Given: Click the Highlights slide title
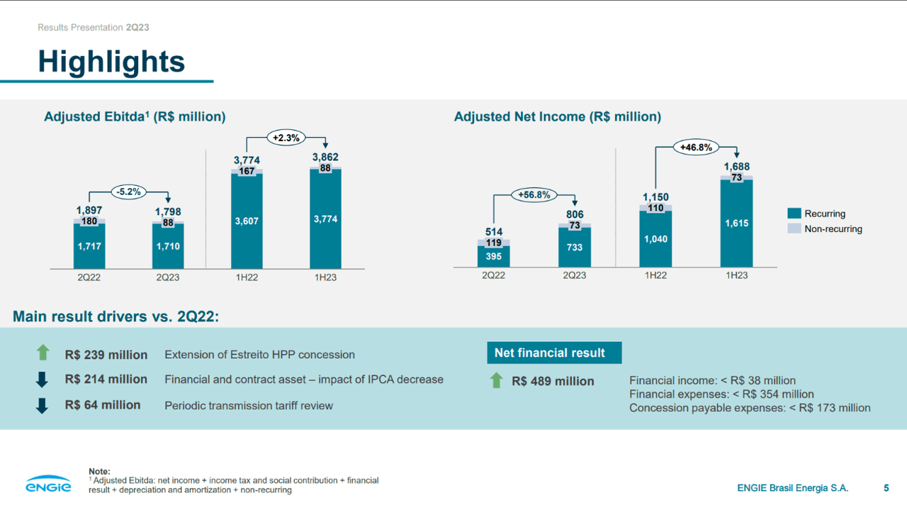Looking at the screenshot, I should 111,62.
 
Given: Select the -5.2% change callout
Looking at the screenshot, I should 129,191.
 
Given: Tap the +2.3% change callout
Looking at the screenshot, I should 286,138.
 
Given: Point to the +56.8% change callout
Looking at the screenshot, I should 534,194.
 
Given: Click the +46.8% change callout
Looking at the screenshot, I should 696,148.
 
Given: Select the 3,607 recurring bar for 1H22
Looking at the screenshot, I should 247,221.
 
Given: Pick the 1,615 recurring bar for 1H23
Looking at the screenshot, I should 736,223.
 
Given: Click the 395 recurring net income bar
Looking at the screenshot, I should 493,256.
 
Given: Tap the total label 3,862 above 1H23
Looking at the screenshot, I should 325,157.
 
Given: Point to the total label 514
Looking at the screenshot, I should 493,231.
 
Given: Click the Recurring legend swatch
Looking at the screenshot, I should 794,214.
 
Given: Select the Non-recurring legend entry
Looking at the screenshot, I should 833,229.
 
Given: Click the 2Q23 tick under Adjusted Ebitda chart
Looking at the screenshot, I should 168,277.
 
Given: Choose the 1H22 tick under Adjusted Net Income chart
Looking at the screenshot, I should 655,275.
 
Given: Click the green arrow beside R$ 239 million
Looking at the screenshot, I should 43,353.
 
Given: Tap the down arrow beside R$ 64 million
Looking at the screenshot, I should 43,406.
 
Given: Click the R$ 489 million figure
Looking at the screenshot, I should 553,381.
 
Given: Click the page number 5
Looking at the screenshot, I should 886,487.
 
